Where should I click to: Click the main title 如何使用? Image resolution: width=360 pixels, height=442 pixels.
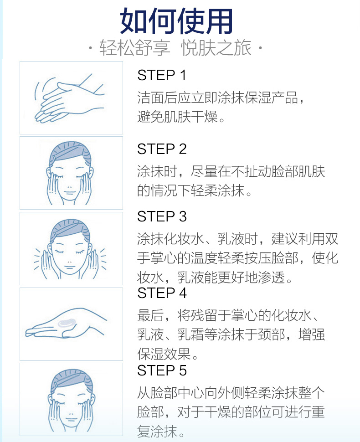(x=176, y=21)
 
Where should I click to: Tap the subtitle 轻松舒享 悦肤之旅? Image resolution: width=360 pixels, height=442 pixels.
(x=175, y=48)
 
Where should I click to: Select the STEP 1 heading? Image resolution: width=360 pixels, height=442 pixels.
(x=161, y=75)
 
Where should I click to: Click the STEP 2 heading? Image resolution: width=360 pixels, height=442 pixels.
(x=162, y=149)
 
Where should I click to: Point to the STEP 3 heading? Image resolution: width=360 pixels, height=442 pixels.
(x=162, y=216)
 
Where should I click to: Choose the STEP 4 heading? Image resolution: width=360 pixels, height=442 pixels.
(x=162, y=293)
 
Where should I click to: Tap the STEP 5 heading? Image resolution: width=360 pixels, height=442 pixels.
(x=162, y=370)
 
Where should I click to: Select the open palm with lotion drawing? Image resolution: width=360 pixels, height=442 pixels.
(x=66, y=324)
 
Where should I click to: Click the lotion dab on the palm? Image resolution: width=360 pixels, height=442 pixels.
(x=67, y=323)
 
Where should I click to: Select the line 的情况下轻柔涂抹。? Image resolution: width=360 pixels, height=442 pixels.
(x=194, y=190)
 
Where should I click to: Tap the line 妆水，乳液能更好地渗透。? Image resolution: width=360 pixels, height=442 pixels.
(x=215, y=278)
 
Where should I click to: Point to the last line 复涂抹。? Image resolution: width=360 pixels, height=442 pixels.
(x=161, y=432)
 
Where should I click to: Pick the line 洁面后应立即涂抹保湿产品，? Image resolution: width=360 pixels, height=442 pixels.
(x=221, y=98)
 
